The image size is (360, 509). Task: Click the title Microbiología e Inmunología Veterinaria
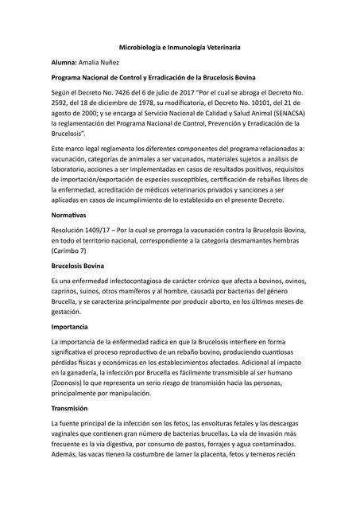pyautogui.click(x=180, y=48)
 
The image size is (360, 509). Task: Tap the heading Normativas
pyautogui.click(x=68, y=215)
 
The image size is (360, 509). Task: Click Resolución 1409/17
pyautogui.click(x=84, y=230)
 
